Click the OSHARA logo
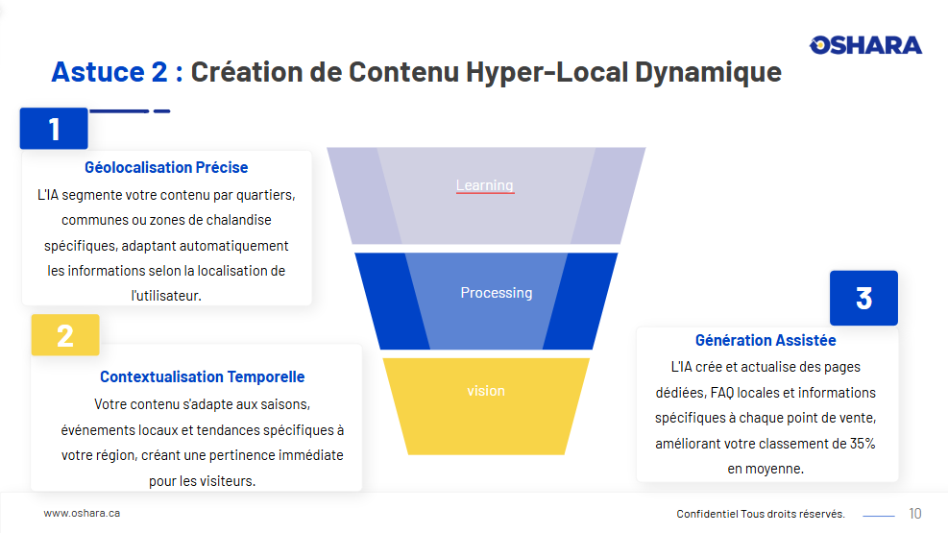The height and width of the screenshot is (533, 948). [x=865, y=45]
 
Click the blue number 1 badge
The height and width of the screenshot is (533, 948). [x=54, y=128]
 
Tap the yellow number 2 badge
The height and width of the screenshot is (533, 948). [x=65, y=335]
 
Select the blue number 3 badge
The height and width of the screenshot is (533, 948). [x=863, y=298]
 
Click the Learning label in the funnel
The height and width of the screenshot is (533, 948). [x=485, y=185]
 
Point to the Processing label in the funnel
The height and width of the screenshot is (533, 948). [x=497, y=293]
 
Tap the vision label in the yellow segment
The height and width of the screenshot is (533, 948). [x=485, y=391]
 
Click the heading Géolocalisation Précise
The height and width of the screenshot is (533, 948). [x=166, y=167]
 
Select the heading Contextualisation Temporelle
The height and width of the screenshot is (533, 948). [x=202, y=377]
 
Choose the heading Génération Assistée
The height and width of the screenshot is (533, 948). [x=766, y=340]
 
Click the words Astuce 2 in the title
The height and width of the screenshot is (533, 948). [x=109, y=72]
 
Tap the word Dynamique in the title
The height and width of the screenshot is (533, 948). [x=708, y=72]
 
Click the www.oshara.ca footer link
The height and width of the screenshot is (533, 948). [x=82, y=513]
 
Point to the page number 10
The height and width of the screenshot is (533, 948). [x=914, y=514]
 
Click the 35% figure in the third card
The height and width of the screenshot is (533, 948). [x=863, y=444]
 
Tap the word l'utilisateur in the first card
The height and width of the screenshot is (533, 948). [x=166, y=296]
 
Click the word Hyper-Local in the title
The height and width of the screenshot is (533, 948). [x=547, y=72]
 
